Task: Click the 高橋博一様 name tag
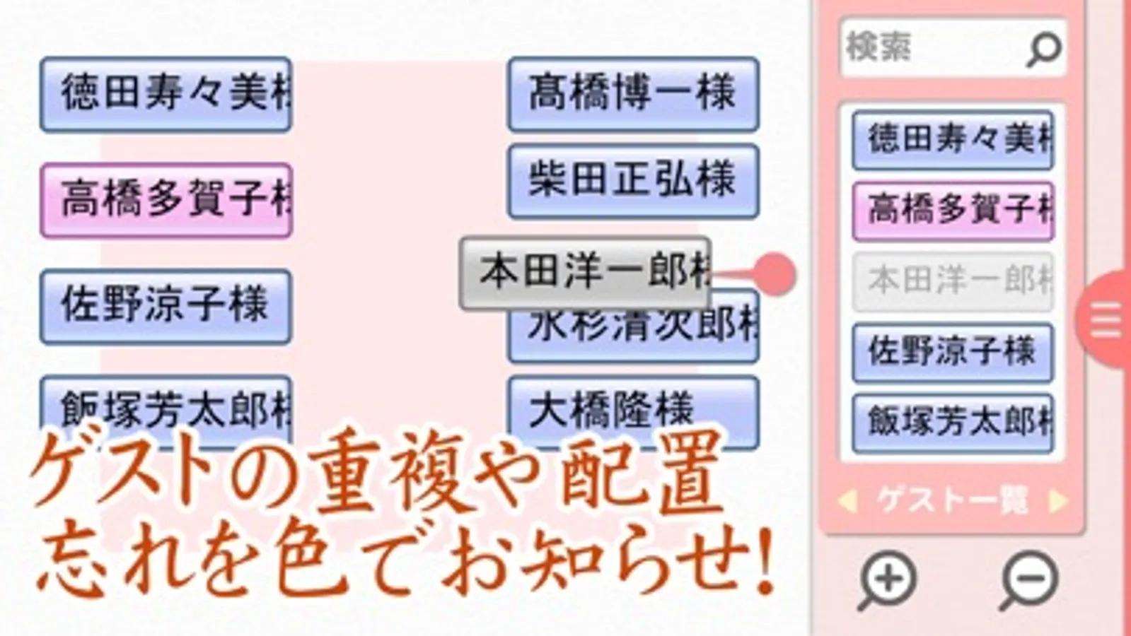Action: (x=633, y=94)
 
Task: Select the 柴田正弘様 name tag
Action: (x=633, y=181)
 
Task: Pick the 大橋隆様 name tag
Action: (x=633, y=410)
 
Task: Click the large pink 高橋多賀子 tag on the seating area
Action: (x=166, y=200)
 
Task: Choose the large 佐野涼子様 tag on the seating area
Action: (x=166, y=306)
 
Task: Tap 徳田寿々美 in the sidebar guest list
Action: (x=953, y=139)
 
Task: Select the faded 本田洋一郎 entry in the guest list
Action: (x=953, y=281)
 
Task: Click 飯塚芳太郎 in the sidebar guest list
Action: (x=953, y=423)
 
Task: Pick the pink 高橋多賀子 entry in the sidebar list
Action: (x=953, y=211)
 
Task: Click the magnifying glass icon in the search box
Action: (x=1043, y=49)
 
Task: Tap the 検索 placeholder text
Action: (x=879, y=47)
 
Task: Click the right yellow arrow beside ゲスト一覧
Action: (x=1058, y=501)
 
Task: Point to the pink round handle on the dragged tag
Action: (x=775, y=274)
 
